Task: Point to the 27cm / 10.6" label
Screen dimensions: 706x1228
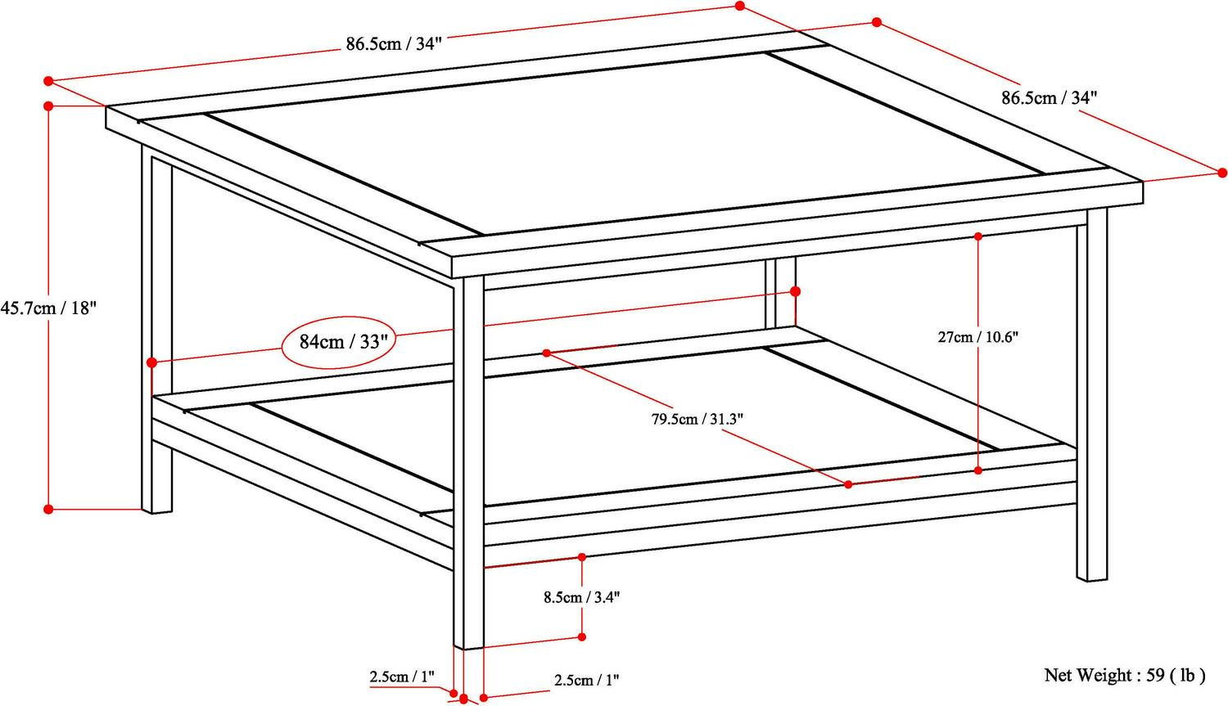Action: click(978, 336)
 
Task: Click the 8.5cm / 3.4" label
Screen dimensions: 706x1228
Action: click(582, 597)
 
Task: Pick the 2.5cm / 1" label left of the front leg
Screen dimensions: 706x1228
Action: click(401, 677)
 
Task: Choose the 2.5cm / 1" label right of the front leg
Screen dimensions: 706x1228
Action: click(586, 679)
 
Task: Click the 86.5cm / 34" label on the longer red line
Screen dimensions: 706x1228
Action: click(393, 43)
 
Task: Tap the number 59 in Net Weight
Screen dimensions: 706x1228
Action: click(1155, 675)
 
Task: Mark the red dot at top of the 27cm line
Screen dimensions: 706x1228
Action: click(978, 236)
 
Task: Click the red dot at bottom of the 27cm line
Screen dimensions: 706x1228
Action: click(978, 470)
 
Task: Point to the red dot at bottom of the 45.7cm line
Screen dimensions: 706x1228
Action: click(49, 509)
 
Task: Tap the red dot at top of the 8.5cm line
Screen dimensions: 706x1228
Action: click(582, 557)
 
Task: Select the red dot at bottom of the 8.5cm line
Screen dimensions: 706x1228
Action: click(582, 636)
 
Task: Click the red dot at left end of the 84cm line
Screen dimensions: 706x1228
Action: click(151, 362)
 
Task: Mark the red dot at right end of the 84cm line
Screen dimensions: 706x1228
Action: click(795, 291)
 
